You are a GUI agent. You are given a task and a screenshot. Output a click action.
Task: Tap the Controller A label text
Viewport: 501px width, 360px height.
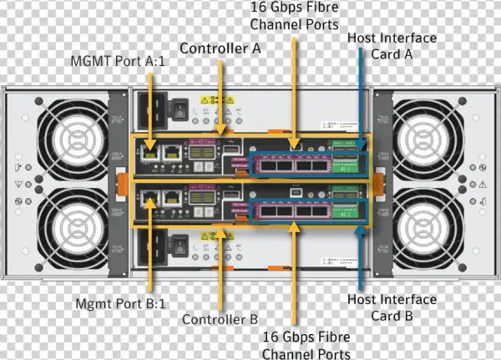pyautogui.click(x=220, y=48)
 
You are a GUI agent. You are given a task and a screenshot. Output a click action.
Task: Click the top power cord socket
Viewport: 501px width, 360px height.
pyautogui.click(x=154, y=109)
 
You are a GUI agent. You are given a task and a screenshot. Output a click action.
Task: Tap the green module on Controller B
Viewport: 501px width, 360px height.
pyautogui.click(x=352, y=209)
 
